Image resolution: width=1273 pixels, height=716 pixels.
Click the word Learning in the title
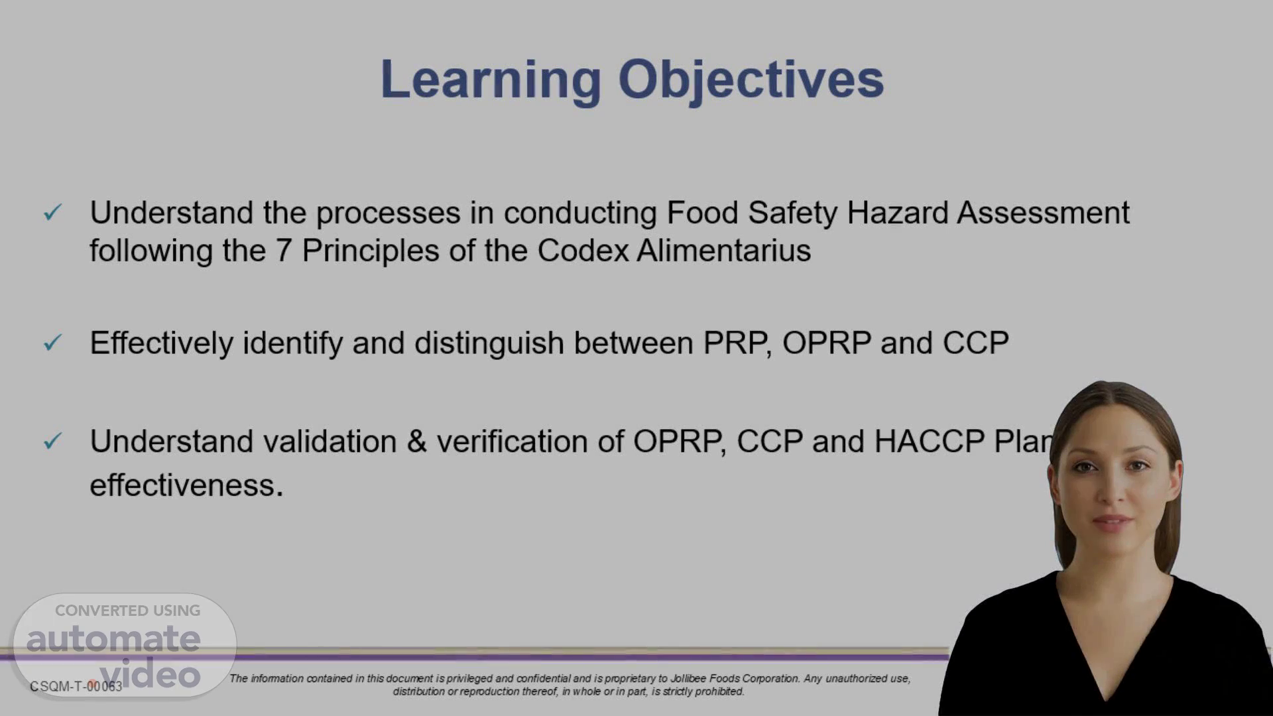[x=491, y=81]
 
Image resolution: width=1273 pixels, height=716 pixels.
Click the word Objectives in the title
[x=751, y=81]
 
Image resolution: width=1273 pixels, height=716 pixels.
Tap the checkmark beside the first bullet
[x=52, y=212]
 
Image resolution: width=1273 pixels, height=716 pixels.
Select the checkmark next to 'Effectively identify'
[x=52, y=342]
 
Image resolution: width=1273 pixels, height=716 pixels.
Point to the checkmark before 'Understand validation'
[x=52, y=440]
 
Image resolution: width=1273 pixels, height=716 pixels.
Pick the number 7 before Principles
[x=284, y=251]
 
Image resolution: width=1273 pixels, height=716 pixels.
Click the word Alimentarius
[x=724, y=251]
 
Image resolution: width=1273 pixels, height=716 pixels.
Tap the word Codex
[x=583, y=251]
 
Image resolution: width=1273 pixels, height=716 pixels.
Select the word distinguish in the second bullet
[x=489, y=343]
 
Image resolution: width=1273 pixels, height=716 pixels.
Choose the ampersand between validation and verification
[x=416, y=442]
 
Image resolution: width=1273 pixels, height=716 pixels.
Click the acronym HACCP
[x=930, y=442]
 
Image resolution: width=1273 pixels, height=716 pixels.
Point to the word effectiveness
[x=186, y=485]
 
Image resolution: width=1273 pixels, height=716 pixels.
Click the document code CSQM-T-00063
[x=76, y=687]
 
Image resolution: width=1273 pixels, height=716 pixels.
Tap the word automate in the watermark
[x=113, y=638]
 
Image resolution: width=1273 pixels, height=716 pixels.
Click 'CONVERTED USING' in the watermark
[x=127, y=611]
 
